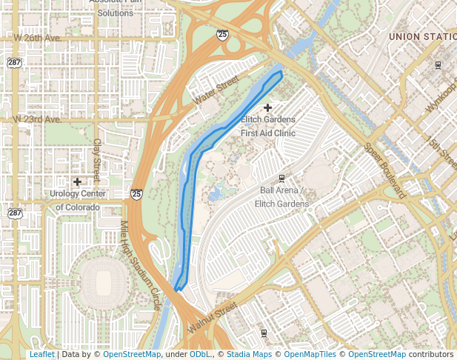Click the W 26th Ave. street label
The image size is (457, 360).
[x=36, y=37]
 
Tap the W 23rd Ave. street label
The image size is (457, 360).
[x=36, y=119]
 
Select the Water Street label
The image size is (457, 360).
[x=216, y=90]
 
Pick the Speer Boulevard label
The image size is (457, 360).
[x=386, y=168]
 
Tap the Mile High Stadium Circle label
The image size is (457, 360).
[x=140, y=256]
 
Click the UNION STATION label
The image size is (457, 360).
[x=422, y=36]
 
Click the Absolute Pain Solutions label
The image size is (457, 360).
[x=115, y=7]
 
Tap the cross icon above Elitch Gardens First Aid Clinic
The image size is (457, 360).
[x=268, y=108]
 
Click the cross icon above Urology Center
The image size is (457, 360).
[x=77, y=181]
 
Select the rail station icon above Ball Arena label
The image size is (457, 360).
[x=281, y=178]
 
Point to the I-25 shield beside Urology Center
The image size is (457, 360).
[x=136, y=194]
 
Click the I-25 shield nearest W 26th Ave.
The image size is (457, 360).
[x=223, y=34]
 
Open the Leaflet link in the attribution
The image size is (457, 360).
[x=41, y=355]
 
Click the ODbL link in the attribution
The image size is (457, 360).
[x=200, y=355]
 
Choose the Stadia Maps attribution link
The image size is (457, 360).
[x=249, y=355]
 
